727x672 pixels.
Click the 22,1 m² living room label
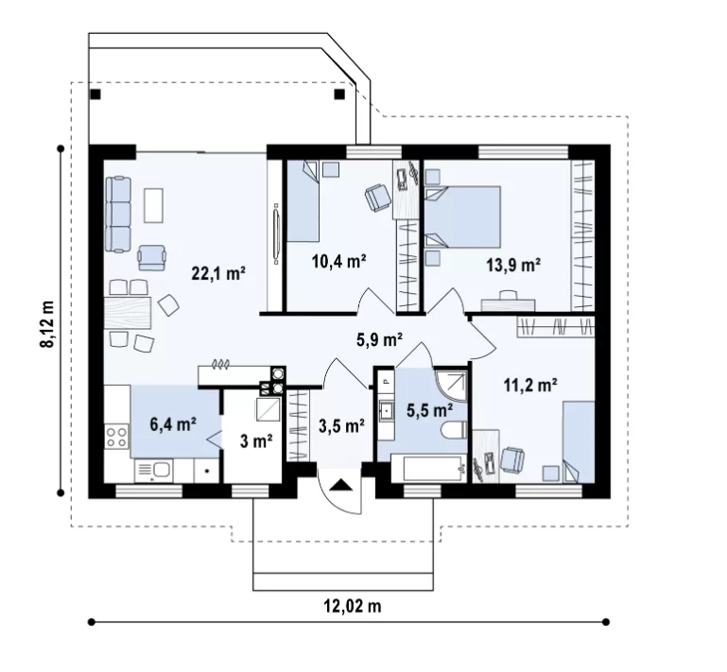click(218, 273)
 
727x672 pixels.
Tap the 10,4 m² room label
click(339, 261)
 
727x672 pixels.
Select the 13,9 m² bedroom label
click(513, 265)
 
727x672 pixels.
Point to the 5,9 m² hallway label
click(379, 339)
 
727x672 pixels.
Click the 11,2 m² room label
click(530, 384)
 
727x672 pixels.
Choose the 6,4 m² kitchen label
click(173, 423)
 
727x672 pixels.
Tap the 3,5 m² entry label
click(341, 425)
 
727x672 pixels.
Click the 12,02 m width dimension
click(353, 605)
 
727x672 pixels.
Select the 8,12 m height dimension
click(47, 323)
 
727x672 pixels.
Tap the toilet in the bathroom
click(455, 431)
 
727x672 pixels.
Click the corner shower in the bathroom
click(451, 384)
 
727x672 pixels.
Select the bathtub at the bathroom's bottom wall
click(429, 469)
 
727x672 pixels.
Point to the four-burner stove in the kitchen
click(117, 437)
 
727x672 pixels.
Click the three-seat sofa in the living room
click(118, 215)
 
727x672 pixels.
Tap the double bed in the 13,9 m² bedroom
click(462, 216)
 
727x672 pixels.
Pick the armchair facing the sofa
click(151, 258)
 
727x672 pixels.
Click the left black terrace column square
click(95, 95)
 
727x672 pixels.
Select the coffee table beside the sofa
click(153, 205)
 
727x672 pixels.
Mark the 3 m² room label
click(256, 440)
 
